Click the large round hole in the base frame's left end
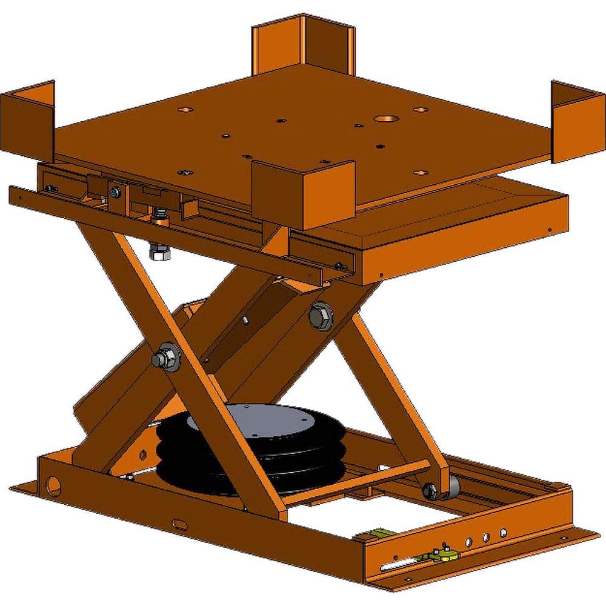tap(54, 484)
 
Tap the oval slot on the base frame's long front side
tap(180, 522)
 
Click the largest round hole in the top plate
tap(385, 120)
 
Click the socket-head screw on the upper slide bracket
tap(115, 193)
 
